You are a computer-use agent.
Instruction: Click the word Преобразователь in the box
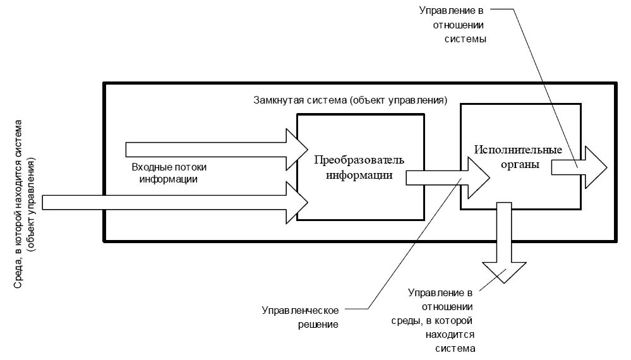pyautogui.click(x=359, y=158)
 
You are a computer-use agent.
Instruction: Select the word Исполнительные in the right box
pyautogui.click(x=519, y=150)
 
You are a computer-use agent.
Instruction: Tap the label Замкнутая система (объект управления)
pyautogui.click(x=351, y=100)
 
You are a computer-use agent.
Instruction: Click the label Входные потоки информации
pyautogui.click(x=169, y=173)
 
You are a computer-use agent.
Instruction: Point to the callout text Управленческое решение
pyautogui.click(x=301, y=317)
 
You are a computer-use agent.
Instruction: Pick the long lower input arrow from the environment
pyautogui.click(x=171, y=202)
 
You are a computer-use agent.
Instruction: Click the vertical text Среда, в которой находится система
pyautogui.click(x=20, y=205)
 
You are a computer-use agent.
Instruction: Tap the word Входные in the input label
pyautogui.click(x=149, y=167)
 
